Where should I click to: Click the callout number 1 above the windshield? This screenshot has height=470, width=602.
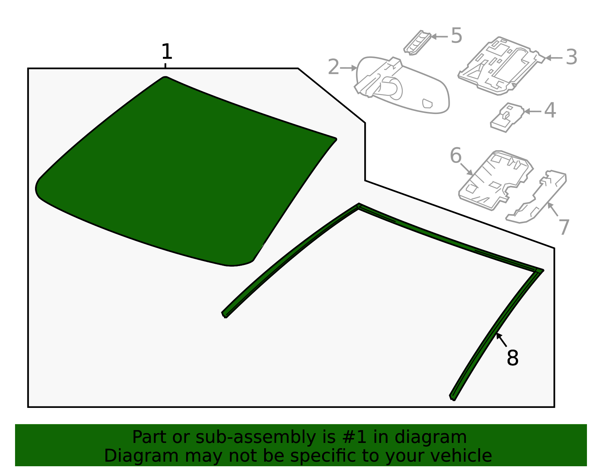[167, 52]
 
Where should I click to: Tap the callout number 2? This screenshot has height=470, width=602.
[333, 67]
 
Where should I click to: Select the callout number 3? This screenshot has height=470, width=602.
[572, 57]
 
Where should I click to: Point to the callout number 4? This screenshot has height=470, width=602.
[550, 110]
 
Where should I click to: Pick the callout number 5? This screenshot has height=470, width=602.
[456, 35]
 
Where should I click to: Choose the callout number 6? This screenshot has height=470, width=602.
[456, 156]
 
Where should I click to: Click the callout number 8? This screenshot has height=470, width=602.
[512, 358]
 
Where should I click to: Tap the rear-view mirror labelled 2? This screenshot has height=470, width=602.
[402, 85]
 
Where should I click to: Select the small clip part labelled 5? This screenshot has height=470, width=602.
[417, 43]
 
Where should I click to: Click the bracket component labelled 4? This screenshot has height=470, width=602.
[507, 117]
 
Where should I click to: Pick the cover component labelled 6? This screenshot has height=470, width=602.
[496, 180]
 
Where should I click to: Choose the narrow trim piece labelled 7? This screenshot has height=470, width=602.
[536, 197]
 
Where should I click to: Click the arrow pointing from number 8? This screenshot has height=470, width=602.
[502, 340]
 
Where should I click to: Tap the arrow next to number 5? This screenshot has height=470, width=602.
[439, 37]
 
